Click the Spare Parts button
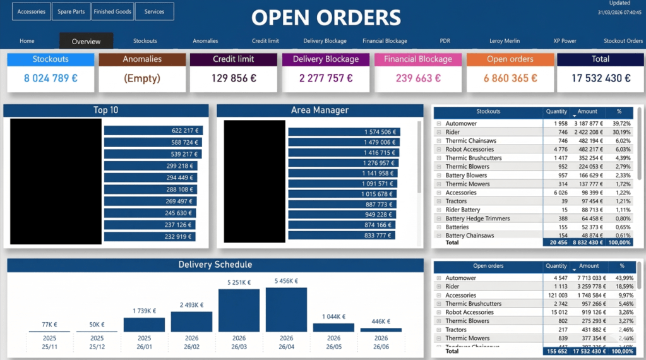coord(71,11)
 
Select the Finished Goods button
coord(112,11)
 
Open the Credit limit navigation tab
coord(265,41)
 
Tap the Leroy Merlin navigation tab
coord(505,41)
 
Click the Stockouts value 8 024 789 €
coord(51,78)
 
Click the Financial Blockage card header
coord(418,59)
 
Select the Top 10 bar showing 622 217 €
coord(153,131)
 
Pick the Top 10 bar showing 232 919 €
coord(150,237)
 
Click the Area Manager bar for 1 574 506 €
coord(344,132)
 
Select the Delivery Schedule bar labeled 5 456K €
coord(286,310)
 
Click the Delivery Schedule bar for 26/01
coord(144,325)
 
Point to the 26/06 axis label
coord(381,347)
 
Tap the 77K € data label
coord(49,325)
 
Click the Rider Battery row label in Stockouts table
coord(462,210)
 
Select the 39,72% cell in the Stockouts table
coord(621,124)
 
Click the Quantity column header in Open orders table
coord(556,266)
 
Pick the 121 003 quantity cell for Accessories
coord(556,295)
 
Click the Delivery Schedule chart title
coord(215,265)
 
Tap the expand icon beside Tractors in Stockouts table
coord(438,201)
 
